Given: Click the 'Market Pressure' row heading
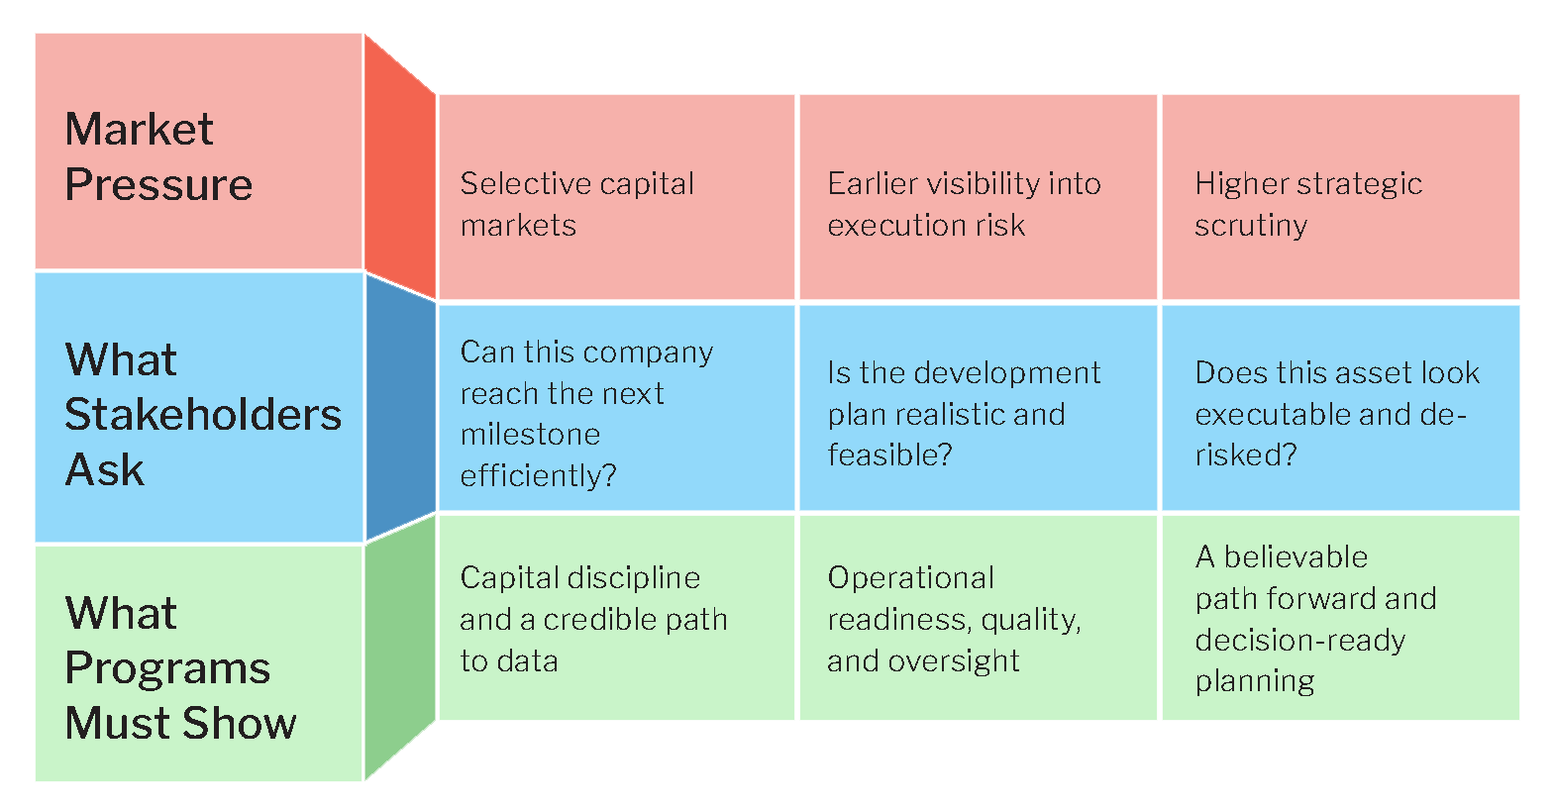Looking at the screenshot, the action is click(x=199, y=151).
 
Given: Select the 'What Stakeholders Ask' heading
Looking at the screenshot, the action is click(x=199, y=408).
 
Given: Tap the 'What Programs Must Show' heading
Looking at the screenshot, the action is click(x=199, y=663).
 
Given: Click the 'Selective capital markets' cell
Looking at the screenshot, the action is click(x=616, y=197).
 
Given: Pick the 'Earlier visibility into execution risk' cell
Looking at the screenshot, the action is click(x=979, y=197).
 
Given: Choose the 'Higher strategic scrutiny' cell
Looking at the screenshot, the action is click(x=1340, y=197).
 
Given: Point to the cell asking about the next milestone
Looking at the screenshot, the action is click(x=616, y=408).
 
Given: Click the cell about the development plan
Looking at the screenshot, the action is click(x=979, y=408).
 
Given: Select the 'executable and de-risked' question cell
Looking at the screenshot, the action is click(x=1340, y=408).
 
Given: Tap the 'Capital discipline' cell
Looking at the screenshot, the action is click(x=616, y=618).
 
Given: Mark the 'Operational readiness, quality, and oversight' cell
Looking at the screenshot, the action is click(x=979, y=618).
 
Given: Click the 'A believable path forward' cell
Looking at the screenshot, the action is click(x=1340, y=618).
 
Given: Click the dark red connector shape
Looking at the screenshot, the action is click(x=400, y=166).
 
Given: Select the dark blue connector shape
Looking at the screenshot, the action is click(x=400, y=408).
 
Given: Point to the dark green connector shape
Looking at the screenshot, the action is click(x=400, y=649).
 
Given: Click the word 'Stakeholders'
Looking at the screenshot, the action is click(x=203, y=415).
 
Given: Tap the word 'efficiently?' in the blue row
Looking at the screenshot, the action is click(x=538, y=476).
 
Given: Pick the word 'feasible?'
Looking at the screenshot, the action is click(x=890, y=455).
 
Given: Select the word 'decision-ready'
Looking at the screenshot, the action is click(x=1300, y=641).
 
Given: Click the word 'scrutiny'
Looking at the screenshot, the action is click(x=1251, y=227).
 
